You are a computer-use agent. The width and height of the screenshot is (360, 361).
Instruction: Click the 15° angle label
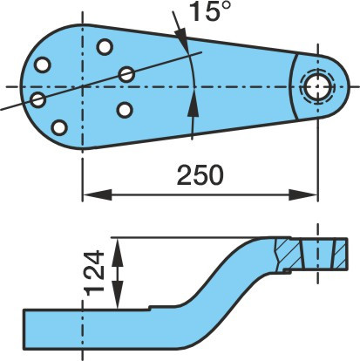(x=210, y=10)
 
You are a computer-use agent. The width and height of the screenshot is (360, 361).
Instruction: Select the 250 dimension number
(x=200, y=175)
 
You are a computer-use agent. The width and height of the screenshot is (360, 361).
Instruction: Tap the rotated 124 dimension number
(x=94, y=273)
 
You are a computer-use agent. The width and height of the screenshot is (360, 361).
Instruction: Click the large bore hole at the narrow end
(x=318, y=86)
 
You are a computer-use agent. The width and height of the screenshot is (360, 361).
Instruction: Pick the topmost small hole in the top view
(x=105, y=47)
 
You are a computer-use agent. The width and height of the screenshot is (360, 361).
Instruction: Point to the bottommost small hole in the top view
(x=59, y=127)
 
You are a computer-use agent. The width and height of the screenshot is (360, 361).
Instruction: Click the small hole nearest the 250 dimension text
(x=125, y=110)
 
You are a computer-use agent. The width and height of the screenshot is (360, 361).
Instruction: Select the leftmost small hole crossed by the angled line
(x=38, y=99)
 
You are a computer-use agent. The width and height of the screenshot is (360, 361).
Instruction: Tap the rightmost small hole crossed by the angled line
(x=126, y=74)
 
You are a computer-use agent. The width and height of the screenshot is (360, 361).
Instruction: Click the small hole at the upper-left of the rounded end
(x=43, y=65)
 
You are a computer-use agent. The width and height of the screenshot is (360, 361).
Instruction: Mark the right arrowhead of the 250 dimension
(x=303, y=194)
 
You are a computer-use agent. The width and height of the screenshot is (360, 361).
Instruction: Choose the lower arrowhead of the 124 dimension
(x=117, y=294)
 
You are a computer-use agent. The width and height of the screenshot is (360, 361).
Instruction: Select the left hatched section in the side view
(x=287, y=254)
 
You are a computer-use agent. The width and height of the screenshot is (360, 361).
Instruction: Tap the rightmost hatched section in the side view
(x=340, y=254)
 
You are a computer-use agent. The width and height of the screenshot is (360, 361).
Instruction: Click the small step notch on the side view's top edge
(x=150, y=308)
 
